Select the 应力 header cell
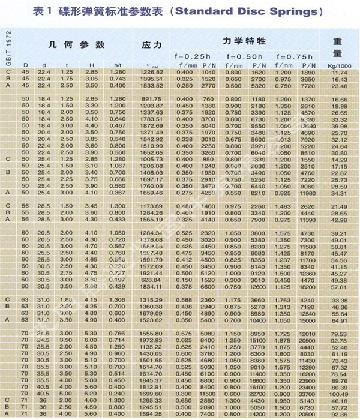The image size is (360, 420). point(151,45)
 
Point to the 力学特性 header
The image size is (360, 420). point(244,41)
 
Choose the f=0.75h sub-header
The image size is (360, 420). point(296,56)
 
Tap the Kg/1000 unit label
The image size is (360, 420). point(340,65)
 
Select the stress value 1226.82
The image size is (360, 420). point(151,72)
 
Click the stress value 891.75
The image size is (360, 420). point(151,99)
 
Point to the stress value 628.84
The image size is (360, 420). point(151,280)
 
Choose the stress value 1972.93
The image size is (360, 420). point(151,341)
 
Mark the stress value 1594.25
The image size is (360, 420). point(151,413)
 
